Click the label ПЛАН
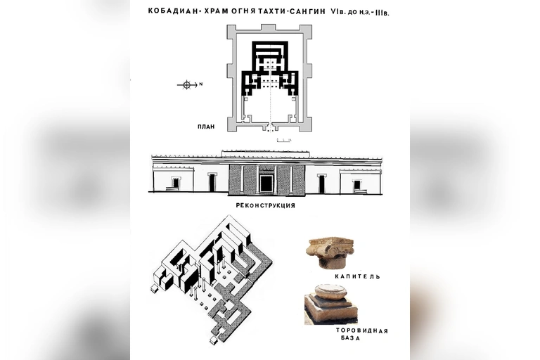coord(206,127)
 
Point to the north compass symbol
coord(186,84)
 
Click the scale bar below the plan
coord(284,140)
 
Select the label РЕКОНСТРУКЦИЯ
coord(266,206)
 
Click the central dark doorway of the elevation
coord(266,184)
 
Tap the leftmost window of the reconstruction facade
coord(176,184)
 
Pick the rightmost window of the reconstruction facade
coord(357,185)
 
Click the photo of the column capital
coord(330,253)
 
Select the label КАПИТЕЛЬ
coord(357,276)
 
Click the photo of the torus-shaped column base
coord(330,304)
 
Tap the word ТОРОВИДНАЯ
coord(362,331)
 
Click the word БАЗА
coord(351,338)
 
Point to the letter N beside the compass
coord(201,84)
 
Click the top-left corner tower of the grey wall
coord(232,29)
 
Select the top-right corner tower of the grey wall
coord(307,29)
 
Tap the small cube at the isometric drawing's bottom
coord(214,341)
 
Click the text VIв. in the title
coord(337,12)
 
